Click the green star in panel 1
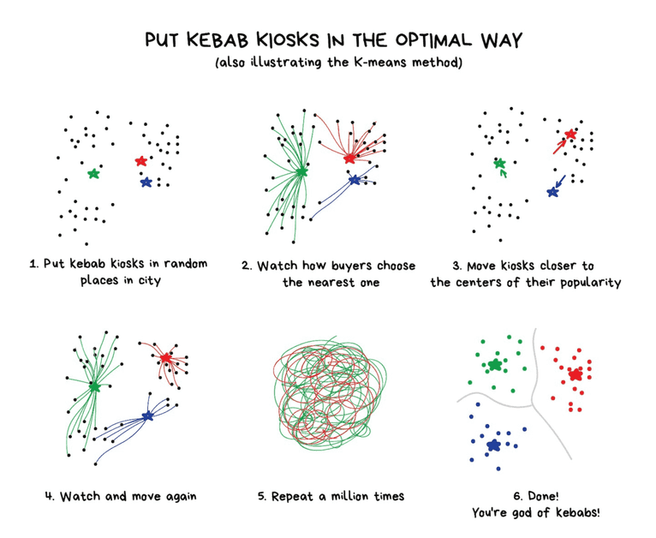(x=93, y=174)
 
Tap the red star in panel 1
(x=141, y=161)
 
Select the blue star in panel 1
(x=146, y=182)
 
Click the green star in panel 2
(x=301, y=171)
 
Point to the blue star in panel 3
(x=552, y=192)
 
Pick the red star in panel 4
(x=166, y=357)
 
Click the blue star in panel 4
(x=147, y=416)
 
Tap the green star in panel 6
(x=494, y=365)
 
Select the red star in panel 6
(x=575, y=374)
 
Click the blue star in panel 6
(x=493, y=445)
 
